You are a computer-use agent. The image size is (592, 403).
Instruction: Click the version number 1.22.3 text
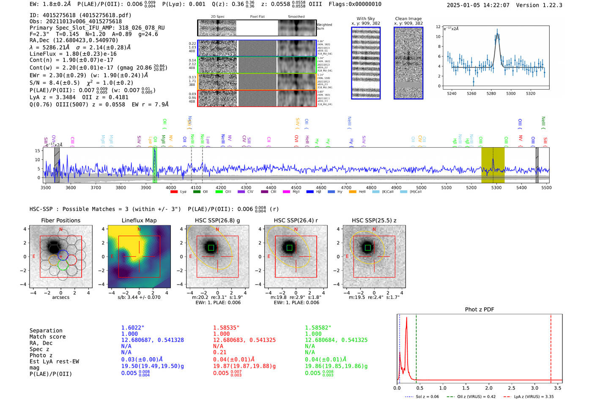click(x=549, y=5)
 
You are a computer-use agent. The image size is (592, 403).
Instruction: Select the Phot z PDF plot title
click(x=479, y=310)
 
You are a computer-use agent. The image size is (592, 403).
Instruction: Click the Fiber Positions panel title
click(x=60, y=220)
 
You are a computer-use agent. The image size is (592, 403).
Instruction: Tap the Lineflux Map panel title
click(x=139, y=220)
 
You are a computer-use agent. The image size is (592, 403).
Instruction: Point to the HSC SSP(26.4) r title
click(x=296, y=220)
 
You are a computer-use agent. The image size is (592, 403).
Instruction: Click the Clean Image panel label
click(x=408, y=19)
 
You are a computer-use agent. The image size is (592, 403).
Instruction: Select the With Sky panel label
click(x=365, y=19)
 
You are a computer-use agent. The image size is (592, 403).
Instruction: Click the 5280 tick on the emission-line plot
click(x=491, y=93)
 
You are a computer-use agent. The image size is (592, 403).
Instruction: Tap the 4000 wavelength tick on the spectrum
click(x=171, y=188)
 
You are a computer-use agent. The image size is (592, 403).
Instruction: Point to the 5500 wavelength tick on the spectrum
click(x=546, y=188)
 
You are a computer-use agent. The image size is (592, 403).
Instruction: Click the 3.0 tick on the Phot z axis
click(x=534, y=388)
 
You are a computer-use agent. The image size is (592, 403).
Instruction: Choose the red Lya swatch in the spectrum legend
click(x=174, y=192)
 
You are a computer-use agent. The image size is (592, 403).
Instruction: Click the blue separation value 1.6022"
click(x=132, y=328)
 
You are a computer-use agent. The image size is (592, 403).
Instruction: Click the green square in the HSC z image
click(x=367, y=247)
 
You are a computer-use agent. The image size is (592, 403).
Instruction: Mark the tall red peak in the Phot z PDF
click(x=406, y=318)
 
